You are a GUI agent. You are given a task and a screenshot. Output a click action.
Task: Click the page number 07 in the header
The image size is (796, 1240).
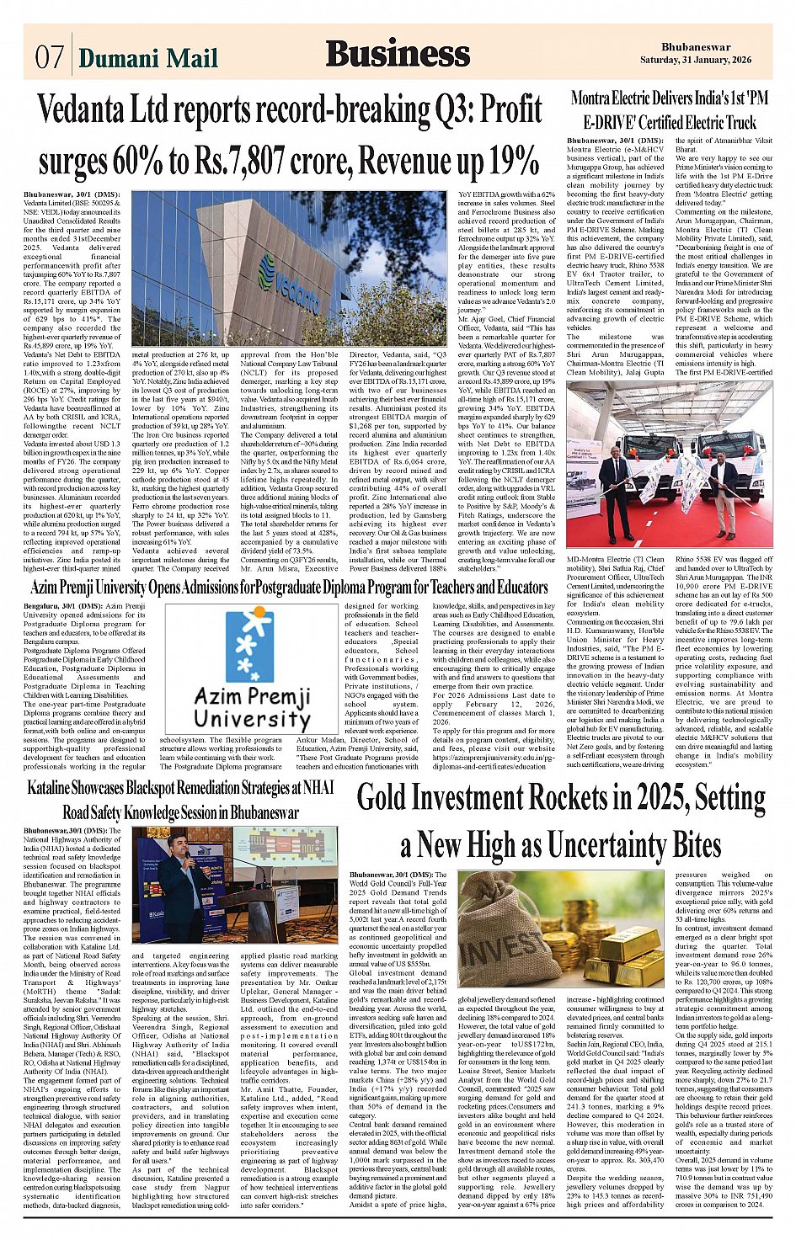point(49,56)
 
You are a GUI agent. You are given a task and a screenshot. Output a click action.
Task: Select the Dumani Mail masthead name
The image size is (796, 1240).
point(148,57)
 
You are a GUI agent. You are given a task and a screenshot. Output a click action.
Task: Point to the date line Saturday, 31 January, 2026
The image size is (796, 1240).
point(708,60)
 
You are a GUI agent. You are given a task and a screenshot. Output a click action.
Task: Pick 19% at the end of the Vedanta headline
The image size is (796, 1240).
point(511,159)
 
